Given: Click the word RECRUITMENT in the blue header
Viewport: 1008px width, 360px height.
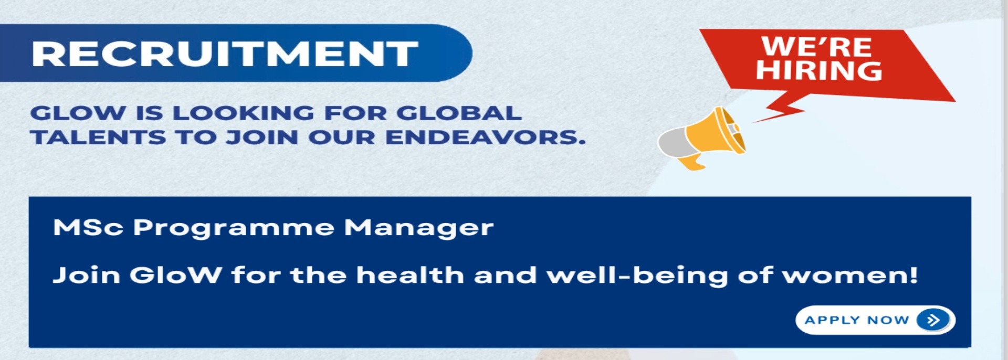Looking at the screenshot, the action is point(225,54).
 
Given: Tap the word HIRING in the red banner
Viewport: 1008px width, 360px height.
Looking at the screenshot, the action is point(819,70).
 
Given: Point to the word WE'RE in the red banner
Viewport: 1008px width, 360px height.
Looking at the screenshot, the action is point(817,47).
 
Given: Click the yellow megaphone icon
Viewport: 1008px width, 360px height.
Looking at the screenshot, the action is point(702,138).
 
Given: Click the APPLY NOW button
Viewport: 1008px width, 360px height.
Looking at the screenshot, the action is point(875,320).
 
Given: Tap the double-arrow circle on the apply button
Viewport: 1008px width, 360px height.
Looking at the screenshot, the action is point(933,320).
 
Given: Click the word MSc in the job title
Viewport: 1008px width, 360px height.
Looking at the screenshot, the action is point(88,228).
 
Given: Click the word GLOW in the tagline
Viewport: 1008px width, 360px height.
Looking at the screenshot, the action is point(78,113).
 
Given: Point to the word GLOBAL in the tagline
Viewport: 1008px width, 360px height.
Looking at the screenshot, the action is point(459,113).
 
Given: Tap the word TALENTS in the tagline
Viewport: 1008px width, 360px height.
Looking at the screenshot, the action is point(98,137).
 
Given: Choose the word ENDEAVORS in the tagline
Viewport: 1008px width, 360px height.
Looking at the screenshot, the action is point(486,137).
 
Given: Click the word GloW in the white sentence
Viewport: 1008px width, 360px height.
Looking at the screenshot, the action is point(175,275).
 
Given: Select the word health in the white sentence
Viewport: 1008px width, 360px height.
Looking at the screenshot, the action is point(410,274).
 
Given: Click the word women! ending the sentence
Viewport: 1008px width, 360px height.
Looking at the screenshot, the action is point(850,276).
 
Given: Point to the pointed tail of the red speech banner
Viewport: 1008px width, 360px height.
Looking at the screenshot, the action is point(754,122).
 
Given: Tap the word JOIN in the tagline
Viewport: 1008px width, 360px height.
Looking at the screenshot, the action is point(262,137).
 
